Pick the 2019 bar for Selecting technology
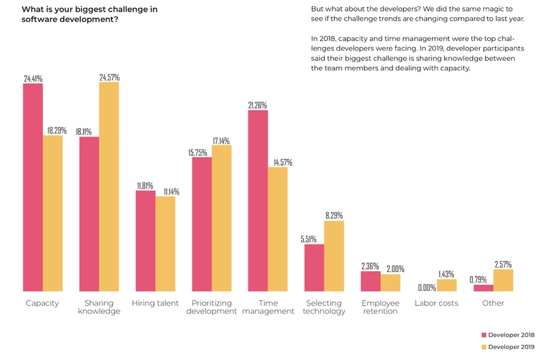[x=334, y=256]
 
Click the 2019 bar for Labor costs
[x=446, y=286]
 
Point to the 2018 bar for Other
[x=483, y=288]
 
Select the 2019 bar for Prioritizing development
[x=222, y=219]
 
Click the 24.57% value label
[x=109, y=78]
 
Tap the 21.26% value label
[x=257, y=106]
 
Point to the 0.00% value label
[x=427, y=288]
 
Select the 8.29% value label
[x=334, y=216]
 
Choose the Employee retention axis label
[x=380, y=307]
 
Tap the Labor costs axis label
[x=436, y=303]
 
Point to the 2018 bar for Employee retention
[x=371, y=281]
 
